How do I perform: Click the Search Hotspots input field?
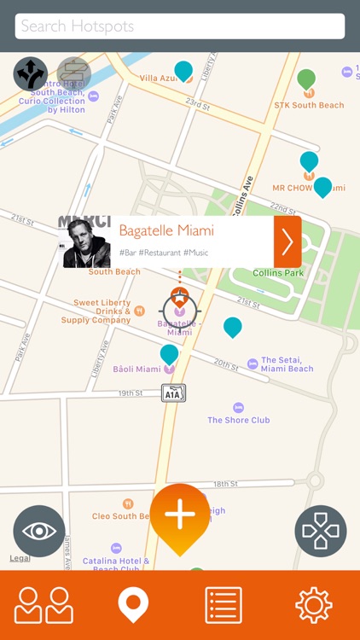coord(179,26)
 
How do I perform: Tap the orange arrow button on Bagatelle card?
coord(287,241)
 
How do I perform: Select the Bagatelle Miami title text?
coord(166,230)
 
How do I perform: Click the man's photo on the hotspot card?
coord(84,241)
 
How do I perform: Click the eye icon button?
coord(39,531)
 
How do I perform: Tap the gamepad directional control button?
coord(321,531)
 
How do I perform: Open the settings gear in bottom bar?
coord(313,605)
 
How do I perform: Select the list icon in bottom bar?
coord(224,605)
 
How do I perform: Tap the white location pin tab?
coord(133,605)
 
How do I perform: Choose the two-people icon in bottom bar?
coord(44,605)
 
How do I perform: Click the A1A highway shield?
coord(173,393)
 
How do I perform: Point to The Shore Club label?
coord(238,420)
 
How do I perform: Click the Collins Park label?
coord(279,273)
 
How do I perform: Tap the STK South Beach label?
coord(309,105)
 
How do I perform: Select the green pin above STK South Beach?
coord(306,80)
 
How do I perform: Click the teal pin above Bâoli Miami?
coord(169,353)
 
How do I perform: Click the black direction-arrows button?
coord(31,73)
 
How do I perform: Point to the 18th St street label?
coord(225,484)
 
